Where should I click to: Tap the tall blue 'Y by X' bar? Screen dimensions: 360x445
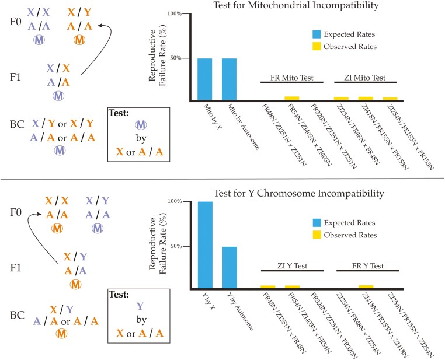tap(204, 244)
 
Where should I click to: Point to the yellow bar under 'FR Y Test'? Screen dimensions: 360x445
tap(366, 286)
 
